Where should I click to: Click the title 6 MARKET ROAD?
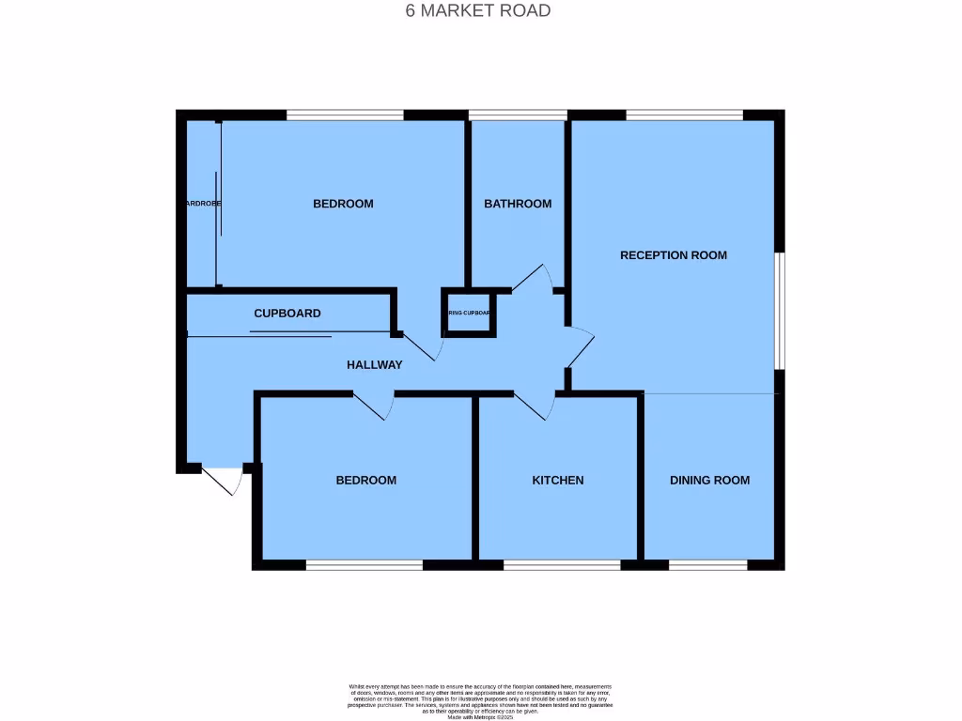[x=477, y=11]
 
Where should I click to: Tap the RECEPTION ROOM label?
[x=673, y=255]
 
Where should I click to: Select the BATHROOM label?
[x=518, y=204]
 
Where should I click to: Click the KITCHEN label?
[x=558, y=480]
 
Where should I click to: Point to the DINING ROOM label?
[x=709, y=480]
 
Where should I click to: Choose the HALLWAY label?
[x=374, y=365]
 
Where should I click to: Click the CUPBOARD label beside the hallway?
[x=287, y=314]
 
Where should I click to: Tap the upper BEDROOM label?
[x=343, y=204]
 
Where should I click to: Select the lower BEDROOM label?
[x=366, y=480]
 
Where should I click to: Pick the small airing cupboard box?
[x=468, y=313]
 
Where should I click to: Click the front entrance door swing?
[x=224, y=481]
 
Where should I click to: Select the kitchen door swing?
[x=534, y=406]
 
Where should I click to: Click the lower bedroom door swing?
[x=375, y=406]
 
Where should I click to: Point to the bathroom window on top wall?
[x=518, y=115]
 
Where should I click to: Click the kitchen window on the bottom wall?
[x=561, y=565]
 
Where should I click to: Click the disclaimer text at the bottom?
[x=480, y=700]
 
